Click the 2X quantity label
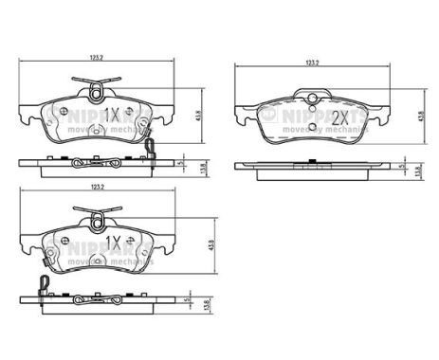click(338, 118)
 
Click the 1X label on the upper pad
click(112, 115)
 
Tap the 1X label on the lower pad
click(112, 243)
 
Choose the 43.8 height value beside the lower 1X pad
click(197, 243)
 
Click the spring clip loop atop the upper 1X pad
click(96, 90)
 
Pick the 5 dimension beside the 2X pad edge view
click(402, 164)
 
